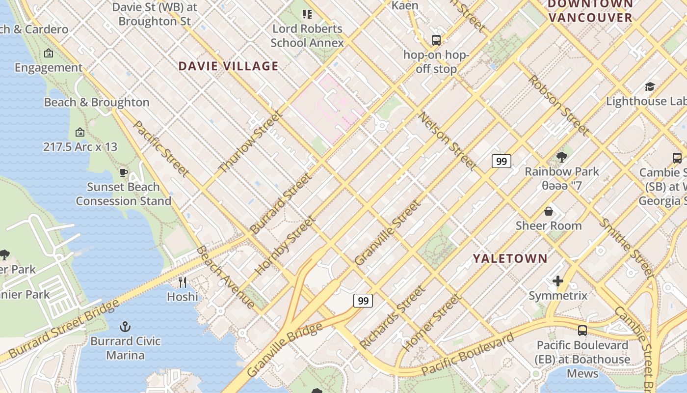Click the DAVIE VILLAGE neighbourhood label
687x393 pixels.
tap(228, 66)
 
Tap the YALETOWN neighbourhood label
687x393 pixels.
tap(510, 258)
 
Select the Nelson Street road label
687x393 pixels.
tap(447, 141)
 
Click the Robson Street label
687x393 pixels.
tap(558, 105)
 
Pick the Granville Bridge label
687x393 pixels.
tap(285, 350)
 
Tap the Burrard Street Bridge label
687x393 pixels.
tap(64, 329)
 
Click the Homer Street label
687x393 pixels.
tap(432, 322)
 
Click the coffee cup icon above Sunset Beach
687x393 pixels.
tap(124, 172)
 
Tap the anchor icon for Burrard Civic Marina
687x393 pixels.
tap(125, 327)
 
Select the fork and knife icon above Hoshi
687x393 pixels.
tap(183, 282)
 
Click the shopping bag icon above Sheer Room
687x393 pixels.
tap(549, 211)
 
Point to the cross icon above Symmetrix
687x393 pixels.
tap(558, 281)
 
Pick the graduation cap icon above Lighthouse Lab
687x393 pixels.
tap(650, 87)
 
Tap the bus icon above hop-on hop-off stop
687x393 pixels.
tap(436, 40)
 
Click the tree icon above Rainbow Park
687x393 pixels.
tap(562, 157)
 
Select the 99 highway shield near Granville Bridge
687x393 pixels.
tap(363, 301)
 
